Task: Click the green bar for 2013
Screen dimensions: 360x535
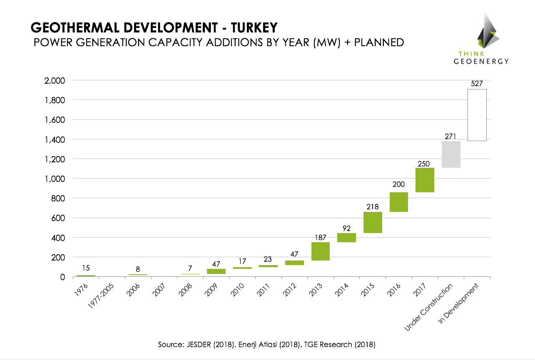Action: pos(321,251)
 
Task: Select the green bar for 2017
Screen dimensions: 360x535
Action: pos(425,180)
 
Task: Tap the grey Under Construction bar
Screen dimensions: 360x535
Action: pos(451,154)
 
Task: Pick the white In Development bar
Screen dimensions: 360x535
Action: pos(477,115)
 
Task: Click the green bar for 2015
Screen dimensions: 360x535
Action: pos(373,222)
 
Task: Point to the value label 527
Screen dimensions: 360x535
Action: pos(477,84)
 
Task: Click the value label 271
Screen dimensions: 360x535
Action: pos(451,136)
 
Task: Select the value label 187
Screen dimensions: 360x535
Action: pos(321,237)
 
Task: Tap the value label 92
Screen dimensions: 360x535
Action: pos(346,228)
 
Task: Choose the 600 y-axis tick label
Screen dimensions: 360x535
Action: pos(59,218)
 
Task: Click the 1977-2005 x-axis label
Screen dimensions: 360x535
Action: pos(101,296)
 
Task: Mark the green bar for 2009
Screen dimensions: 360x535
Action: pos(216,271)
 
